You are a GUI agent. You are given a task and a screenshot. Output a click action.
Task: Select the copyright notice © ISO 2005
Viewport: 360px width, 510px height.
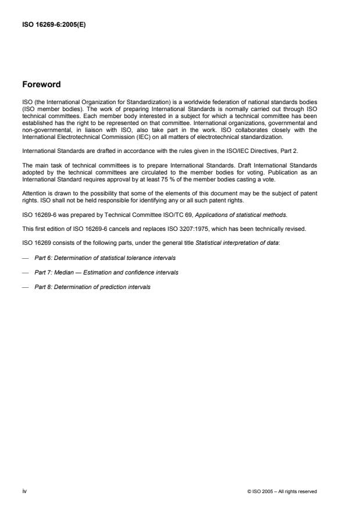[281, 491]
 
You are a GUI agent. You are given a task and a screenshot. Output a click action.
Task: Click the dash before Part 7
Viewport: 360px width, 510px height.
[25, 272]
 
